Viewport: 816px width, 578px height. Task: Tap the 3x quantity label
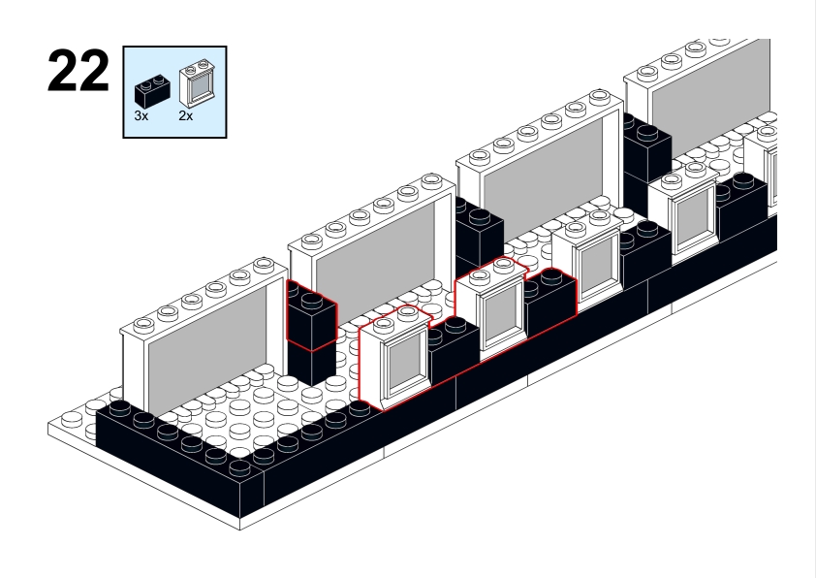141,115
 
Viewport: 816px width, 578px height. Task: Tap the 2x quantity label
185,115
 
